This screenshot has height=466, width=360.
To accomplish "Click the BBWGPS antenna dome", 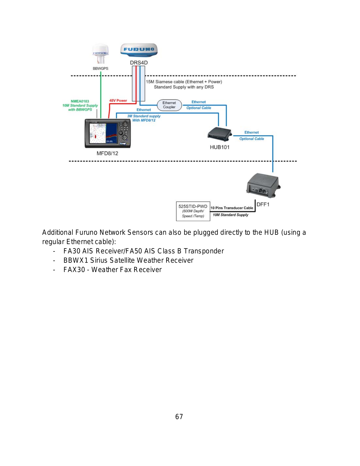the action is click(100, 54).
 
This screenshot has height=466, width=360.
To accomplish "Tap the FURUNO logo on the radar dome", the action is click(139, 49).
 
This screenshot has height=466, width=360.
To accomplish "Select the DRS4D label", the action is click(139, 63).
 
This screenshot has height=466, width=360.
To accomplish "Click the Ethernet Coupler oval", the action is click(169, 105).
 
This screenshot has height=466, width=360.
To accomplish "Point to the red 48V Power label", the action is click(118, 100).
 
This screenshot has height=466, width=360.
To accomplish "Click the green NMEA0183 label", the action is click(80, 101).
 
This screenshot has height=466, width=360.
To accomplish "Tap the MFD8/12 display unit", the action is click(108, 133).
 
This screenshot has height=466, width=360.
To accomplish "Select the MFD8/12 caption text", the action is click(107, 153).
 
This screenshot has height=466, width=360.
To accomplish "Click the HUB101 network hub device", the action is click(220, 134).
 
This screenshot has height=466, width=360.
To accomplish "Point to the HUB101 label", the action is click(220, 147).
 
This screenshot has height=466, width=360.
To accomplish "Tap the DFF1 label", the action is click(263, 204).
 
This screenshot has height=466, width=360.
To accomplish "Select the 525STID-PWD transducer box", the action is click(193, 211).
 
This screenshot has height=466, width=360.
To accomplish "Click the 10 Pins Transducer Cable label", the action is click(232, 208).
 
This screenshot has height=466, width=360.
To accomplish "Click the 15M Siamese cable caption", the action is click(184, 84).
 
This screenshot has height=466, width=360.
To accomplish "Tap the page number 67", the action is click(179, 417).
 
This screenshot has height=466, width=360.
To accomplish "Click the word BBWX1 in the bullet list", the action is click(76, 260).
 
